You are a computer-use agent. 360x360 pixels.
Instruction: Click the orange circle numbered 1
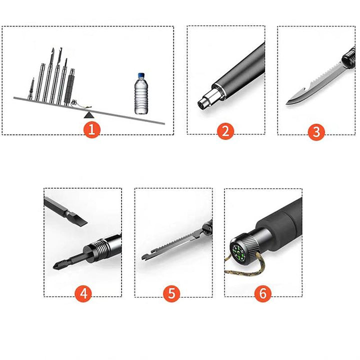tap(91, 129)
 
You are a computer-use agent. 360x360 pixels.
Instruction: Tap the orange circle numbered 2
tap(225, 131)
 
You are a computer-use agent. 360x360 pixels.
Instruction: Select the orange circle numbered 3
tap(316, 131)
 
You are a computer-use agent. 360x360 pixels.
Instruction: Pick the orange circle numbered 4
tap(83, 293)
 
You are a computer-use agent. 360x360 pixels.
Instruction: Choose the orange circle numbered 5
tap(171, 293)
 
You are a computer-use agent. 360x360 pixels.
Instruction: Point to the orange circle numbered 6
tap(263, 293)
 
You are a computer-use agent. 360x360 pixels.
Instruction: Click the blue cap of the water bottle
tap(141, 75)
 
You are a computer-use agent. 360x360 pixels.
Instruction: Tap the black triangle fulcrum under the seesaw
tap(89, 114)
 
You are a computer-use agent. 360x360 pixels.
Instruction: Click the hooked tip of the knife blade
tap(289, 101)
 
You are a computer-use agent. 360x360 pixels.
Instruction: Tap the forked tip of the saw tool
tap(144, 256)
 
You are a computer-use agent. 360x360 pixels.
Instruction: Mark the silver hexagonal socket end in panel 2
tap(206, 101)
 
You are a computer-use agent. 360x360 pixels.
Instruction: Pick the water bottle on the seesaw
tap(141, 93)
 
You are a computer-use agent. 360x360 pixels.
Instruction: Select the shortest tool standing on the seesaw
tap(31, 89)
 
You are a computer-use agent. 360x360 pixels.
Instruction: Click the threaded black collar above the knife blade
tap(349, 57)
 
